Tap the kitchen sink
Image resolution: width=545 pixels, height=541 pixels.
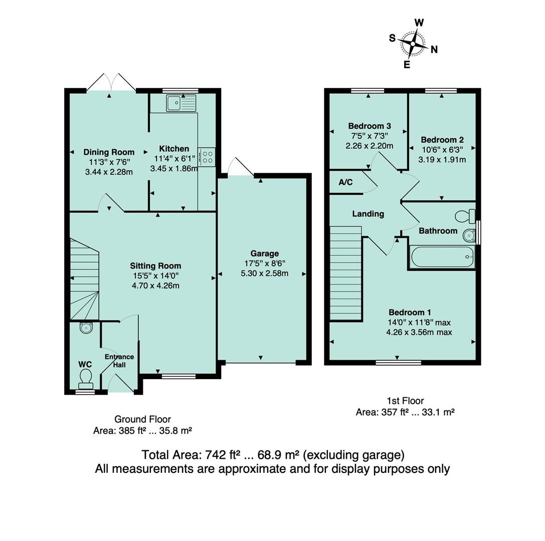[x=181, y=104]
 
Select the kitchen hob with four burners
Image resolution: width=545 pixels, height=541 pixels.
[x=207, y=157]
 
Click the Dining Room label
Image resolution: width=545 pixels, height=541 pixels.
[x=109, y=152]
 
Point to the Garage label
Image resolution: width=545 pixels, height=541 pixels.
[x=265, y=253]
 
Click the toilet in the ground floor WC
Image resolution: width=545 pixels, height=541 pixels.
[x=86, y=379]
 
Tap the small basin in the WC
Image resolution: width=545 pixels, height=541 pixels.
[x=86, y=328]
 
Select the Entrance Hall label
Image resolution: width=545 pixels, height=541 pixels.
[x=119, y=361]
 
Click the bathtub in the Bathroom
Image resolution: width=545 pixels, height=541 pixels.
[x=442, y=257]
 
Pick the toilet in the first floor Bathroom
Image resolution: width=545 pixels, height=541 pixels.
[x=466, y=216]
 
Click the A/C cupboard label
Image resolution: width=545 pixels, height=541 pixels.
[x=345, y=182]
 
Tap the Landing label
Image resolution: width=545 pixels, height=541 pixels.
[x=368, y=214]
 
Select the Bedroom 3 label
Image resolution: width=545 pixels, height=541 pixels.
[x=370, y=126]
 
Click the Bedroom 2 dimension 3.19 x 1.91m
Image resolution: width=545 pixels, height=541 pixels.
[x=442, y=160]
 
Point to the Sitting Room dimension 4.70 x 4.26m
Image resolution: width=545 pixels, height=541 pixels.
[x=155, y=286]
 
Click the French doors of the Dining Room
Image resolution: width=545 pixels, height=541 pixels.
[x=111, y=83]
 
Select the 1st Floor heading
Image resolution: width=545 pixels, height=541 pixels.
[x=405, y=401]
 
